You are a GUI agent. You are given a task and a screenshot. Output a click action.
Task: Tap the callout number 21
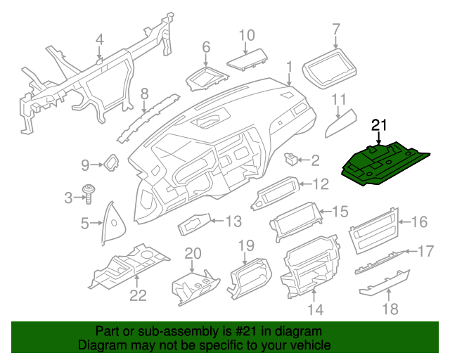pyautogui.click(x=380, y=125)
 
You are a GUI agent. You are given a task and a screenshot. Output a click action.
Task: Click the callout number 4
pyautogui.click(x=99, y=39)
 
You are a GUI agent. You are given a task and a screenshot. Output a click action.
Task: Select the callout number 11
pyautogui.click(x=339, y=98)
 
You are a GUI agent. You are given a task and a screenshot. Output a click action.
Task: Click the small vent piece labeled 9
pyautogui.click(x=111, y=164)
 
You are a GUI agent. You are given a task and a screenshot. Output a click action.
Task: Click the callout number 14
pyautogui.click(x=314, y=309)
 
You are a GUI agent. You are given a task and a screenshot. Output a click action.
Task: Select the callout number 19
pyautogui.click(x=245, y=245)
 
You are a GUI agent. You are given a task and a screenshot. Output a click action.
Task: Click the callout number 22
pyautogui.click(x=138, y=295)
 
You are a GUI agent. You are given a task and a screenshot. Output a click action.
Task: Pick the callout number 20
pyautogui.click(x=193, y=253)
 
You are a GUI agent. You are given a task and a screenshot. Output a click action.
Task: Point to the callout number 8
pyautogui.click(x=144, y=93)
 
